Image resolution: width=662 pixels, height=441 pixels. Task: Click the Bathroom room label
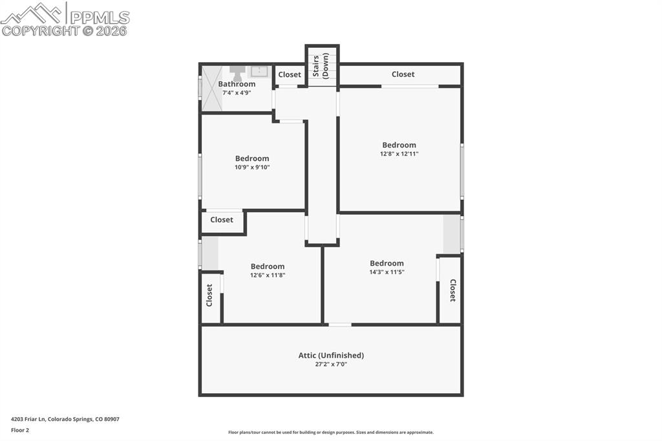coord(237,84)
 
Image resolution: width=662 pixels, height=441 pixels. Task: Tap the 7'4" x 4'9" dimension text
coord(237,92)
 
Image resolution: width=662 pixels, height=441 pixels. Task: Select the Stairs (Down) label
coord(321,66)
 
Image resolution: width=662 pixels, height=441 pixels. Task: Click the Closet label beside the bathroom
coord(290,74)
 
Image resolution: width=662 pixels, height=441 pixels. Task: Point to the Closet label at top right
coord(403,74)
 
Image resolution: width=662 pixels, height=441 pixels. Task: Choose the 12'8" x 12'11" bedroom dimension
coord(399,154)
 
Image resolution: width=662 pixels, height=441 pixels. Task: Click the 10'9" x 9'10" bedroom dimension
coord(252,167)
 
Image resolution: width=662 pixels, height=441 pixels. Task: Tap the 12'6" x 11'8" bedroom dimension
coord(268,275)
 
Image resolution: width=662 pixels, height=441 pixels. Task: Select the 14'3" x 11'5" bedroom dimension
coord(387,272)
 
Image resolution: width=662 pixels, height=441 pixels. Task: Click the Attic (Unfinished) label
coord(331,355)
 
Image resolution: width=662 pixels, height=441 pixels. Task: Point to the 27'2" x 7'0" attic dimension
coord(331,364)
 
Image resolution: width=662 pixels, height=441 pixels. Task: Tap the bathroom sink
coord(260,71)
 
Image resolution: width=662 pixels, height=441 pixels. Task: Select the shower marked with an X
coord(211,88)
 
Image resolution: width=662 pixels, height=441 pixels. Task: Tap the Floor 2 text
coord(20,429)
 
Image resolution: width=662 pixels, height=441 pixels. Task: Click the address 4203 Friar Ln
coord(65,419)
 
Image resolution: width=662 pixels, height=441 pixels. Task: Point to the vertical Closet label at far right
coord(452,290)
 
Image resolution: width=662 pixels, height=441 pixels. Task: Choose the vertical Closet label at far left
coord(209,295)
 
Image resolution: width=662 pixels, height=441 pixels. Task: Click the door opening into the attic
coord(340,324)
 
